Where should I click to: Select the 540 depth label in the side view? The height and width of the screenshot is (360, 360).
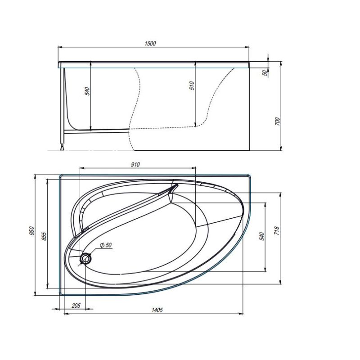(88, 91)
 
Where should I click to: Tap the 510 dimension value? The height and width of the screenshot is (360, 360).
(192, 86)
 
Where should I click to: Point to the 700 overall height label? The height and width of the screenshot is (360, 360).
(277, 121)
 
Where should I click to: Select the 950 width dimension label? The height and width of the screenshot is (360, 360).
(31, 230)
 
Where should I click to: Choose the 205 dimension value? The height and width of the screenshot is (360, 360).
(76, 306)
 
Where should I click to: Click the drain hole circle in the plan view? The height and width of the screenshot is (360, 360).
(85, 258)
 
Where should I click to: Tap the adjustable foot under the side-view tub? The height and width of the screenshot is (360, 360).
(63, 146)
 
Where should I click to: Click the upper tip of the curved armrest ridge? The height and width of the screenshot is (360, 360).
(175, 185)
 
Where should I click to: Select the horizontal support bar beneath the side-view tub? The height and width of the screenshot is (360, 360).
(97, 131)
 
